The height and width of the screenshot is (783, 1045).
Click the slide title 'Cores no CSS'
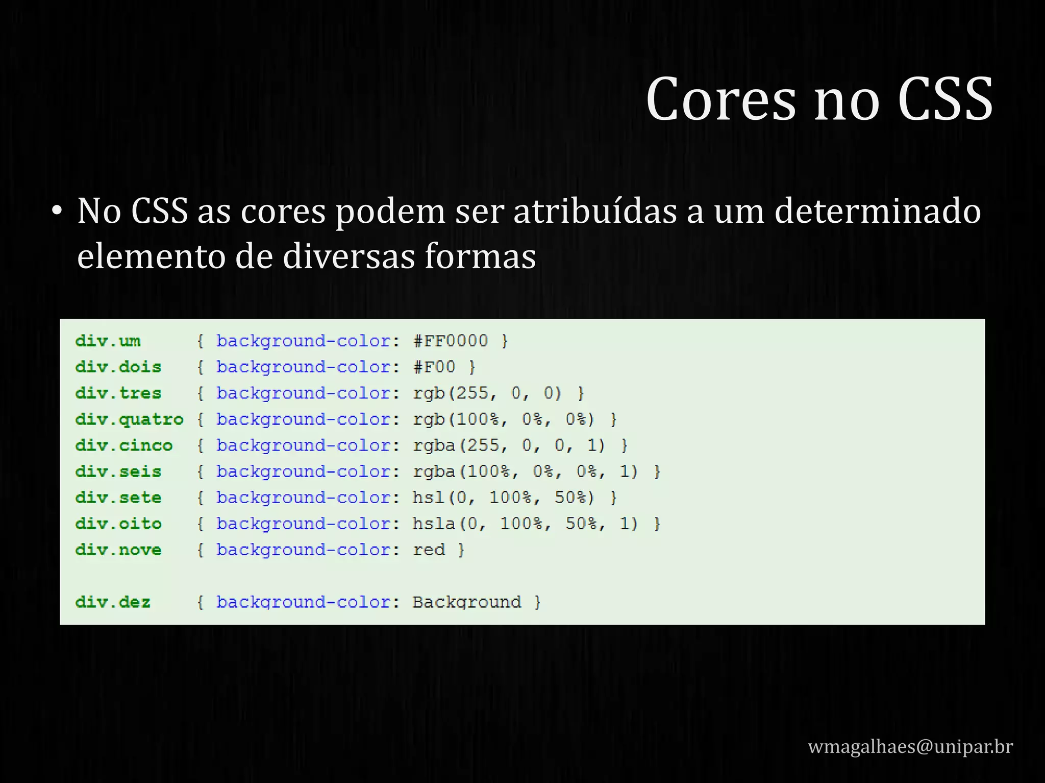click(x=819, y=99)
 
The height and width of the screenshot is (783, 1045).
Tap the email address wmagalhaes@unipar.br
click(x=910, y=746)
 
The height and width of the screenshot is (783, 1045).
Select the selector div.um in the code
click(x=108, y=341)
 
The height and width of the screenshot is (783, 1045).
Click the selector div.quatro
click(x=129, y=420)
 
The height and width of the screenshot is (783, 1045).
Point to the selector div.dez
click(x=113, y=602)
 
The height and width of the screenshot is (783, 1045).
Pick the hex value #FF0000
click(x=451, y=341)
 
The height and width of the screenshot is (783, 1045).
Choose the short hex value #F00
click(x=434, y=367)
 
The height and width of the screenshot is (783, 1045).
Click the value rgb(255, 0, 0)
click(x=487, y=393)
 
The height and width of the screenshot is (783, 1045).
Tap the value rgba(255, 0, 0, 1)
click(x=509, y=446)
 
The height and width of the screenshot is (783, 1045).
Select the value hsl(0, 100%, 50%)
click(x=504, y=498)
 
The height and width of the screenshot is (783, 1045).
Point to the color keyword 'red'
click(x=429, y=550)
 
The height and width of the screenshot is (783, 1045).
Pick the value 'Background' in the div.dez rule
click(x=467, y=602)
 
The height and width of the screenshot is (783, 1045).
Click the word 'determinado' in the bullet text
click(x=878, y=211)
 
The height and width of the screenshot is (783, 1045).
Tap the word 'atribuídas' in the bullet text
click(x=595, y=211)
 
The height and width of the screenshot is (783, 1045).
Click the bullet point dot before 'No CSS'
click(x=57, y=211)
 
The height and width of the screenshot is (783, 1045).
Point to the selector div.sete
click(x=118, y=498)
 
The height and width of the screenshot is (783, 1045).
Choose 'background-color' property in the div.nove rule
click(x=303, y=550)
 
